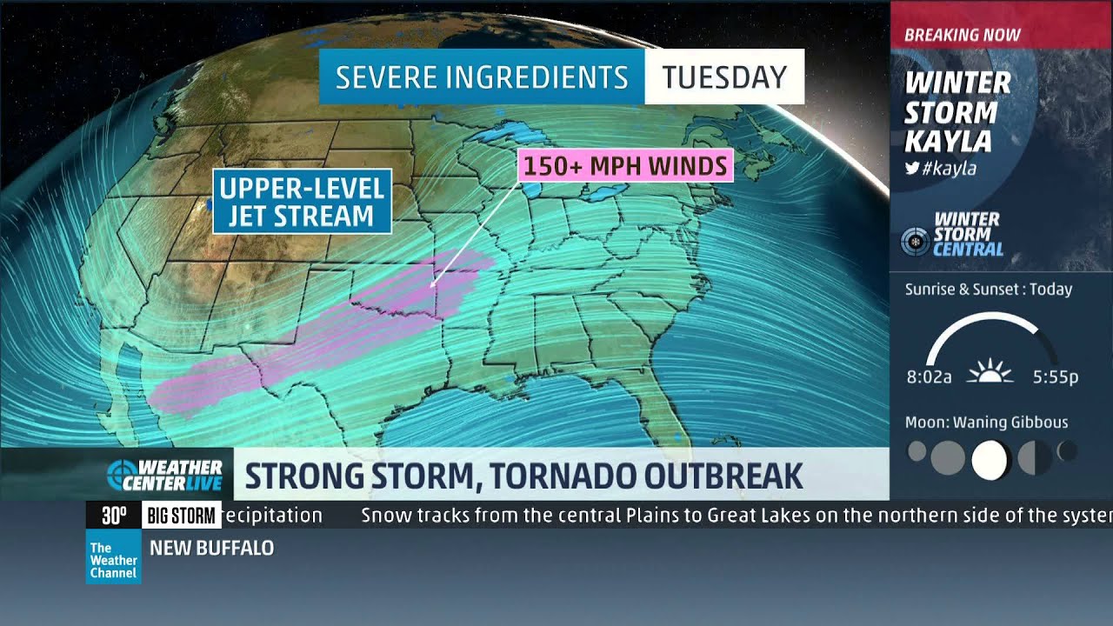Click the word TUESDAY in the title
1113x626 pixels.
pos(723,77)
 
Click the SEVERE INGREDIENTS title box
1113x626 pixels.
pos(482,77)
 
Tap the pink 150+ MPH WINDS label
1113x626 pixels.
pos(625,165)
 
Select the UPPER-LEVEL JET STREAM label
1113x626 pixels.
pos(302,202)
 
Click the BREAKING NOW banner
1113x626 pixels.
pos(963,36)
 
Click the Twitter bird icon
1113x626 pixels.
pos(912,169)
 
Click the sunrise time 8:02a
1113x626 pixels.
pos(929,377)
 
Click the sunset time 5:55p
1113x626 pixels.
pos(1056,377)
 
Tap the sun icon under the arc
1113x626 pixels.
pos(990,373)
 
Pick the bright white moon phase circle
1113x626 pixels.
pos(989,460)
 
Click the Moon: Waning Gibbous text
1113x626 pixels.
pos(986,423)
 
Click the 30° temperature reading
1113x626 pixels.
pos(114,516)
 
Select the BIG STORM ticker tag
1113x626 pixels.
pos(181,516)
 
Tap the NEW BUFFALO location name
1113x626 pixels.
pos(211,549)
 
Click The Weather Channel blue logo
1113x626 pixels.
pos(113,560)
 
